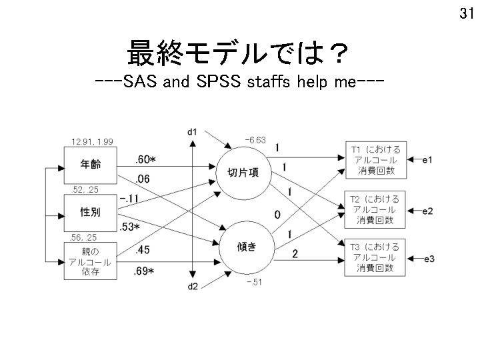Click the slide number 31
point(467,13)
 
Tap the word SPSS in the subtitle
point(220,85)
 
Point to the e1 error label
point(427,161)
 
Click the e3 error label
point(427,258)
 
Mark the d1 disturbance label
point(192,131)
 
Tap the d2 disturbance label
point(192,287)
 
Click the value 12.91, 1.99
point(92,141)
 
